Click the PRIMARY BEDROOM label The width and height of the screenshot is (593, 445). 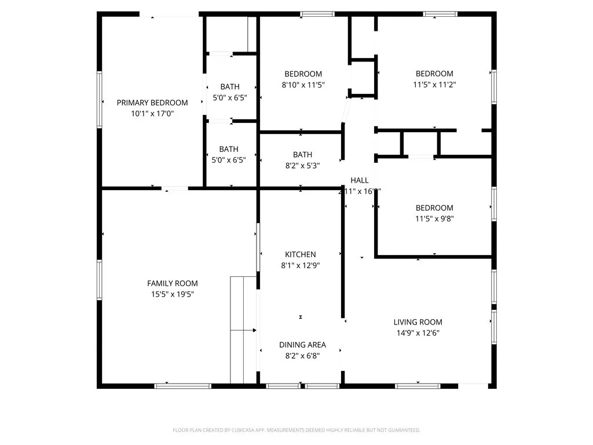(x=152, y=103)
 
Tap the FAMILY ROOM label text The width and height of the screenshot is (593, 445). (x=172, y=283)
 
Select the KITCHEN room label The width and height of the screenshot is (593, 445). (x=300, y=254)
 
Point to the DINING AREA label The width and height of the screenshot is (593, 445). (x=302, y=345)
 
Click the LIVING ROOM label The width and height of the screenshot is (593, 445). (x=418, y=322)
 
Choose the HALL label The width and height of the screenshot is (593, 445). (x=359, y=180)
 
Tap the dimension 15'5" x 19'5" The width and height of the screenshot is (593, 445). (x=172, y=294)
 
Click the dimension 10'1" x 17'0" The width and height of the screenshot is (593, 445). (x=152, y=114)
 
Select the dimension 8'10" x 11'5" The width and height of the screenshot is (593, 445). (x=303, y=85)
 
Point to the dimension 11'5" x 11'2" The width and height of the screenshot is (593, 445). (x=434, y=85)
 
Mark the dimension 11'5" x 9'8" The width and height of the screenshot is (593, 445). (x=434, y=219)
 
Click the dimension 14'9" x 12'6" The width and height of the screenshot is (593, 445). (x=418, y=333)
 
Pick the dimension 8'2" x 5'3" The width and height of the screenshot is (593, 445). (x=302, y=165)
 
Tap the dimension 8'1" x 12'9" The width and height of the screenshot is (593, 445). (x=300, y=265)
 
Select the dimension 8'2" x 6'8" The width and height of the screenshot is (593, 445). (x=302, y=356)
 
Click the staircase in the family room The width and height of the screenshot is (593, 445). (x=243, y=330)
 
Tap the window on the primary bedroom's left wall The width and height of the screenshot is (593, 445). (x=100, y=99)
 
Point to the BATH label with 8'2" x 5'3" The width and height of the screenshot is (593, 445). (x=302, y=155)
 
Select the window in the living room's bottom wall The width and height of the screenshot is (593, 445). (x=418, y=385)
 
